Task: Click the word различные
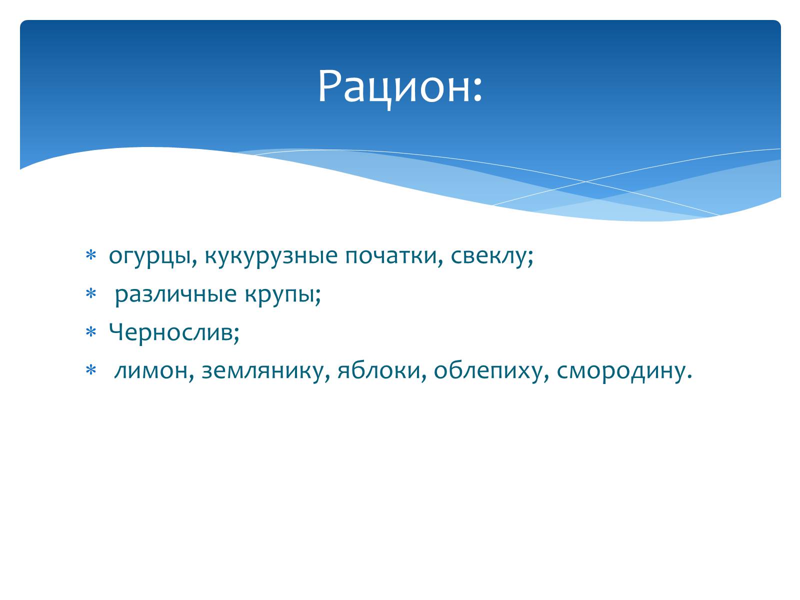tap(175, 294)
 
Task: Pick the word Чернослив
tap(170, 332)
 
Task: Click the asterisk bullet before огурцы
tap(91, 255)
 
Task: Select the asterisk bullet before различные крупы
tap(91, 294)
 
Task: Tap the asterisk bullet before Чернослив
tap(91, 332)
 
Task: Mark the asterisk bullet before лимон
tap(91, 370)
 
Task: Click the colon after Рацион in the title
tap(478, 89)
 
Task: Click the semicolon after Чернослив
tap(236, 333)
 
